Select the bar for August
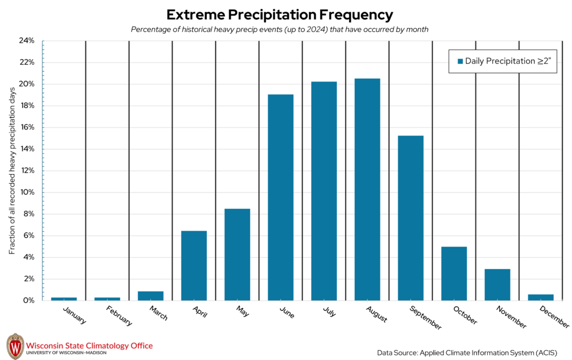pyautogui.click(x=367, y=189)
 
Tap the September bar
pyautogui.click(x=411, y=218)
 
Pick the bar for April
pyautogui.click(x=194, y=265)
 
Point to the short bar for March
pyautogui.click(x=150, y=296)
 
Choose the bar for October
pyautogui.click(x=454, y=273)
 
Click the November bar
pyautogui.click(x=497, y=284)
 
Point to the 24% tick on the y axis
pyautogui.click(x=27, y=41)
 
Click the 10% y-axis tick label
pyautogui.click(x=27, y=192)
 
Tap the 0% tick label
pyautogui.click(x=28, y=300)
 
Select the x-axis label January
pyautogui.click(x=75, y=315)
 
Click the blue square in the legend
pyautogui.click(x=460, y=61)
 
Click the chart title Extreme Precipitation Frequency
pyautogui.click(x=279, y=14)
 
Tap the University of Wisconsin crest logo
pyautogui.click(x=15, y=347)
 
